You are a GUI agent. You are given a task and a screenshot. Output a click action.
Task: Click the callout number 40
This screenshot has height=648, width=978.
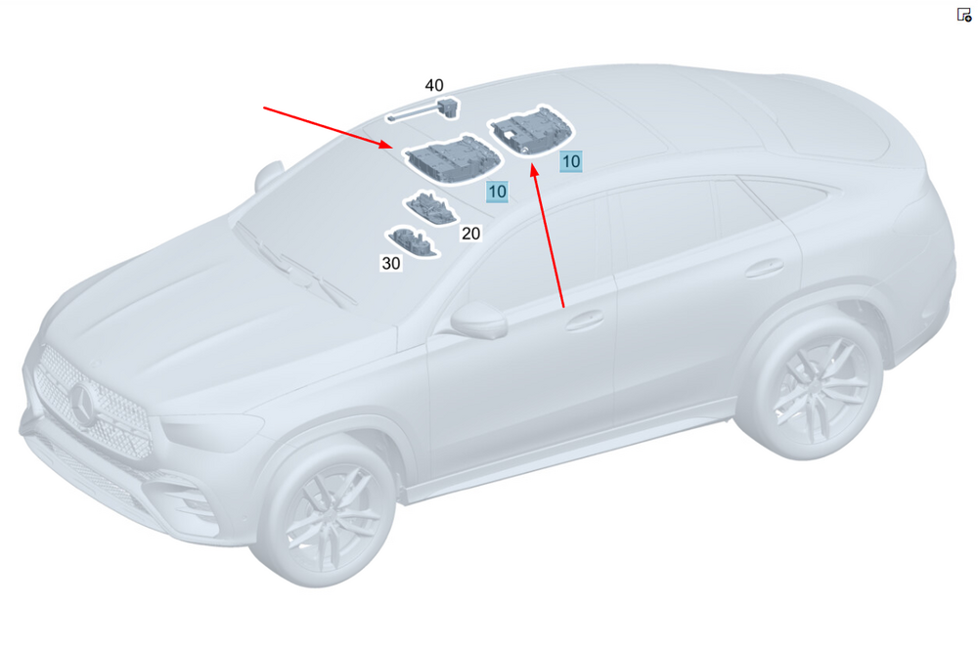(x=434, y=85)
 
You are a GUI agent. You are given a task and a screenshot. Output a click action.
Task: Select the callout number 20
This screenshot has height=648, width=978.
(x=470, y=233)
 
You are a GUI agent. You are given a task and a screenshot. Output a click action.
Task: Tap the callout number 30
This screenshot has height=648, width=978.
(x=391, y=263)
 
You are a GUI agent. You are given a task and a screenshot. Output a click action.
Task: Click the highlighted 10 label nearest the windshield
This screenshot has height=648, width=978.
(x=497, y=192)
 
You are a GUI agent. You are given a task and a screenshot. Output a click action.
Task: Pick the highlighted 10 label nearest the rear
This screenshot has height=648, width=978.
(x=571, y=161)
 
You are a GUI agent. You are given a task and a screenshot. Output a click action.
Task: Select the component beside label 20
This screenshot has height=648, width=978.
(x=430, y=208)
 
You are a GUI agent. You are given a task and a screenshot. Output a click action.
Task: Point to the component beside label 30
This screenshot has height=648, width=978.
(x=413, y=241)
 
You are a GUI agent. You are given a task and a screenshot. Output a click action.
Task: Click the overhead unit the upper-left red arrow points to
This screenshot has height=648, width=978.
(x=452, y=159)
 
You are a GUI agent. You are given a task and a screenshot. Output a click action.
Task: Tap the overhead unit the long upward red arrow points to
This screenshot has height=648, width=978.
(x=531, y=131)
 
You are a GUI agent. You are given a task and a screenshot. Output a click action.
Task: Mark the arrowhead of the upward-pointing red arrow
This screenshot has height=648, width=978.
(x=534, y=170)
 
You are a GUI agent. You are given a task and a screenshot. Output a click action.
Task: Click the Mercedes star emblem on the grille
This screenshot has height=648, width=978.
(x=83, y=403)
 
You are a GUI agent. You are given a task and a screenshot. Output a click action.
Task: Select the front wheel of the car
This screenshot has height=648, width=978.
(x=325, y=509)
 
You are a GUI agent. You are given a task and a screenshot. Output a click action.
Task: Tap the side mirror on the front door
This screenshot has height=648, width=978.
(x=478, y=320)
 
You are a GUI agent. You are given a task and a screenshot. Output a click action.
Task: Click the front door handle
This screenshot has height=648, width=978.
(x=585, y=320)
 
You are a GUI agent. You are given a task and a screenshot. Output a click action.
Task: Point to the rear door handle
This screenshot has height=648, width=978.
(x=765, y=268)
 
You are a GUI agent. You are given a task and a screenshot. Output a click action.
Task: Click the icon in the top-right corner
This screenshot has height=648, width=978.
(x=964, y=15)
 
